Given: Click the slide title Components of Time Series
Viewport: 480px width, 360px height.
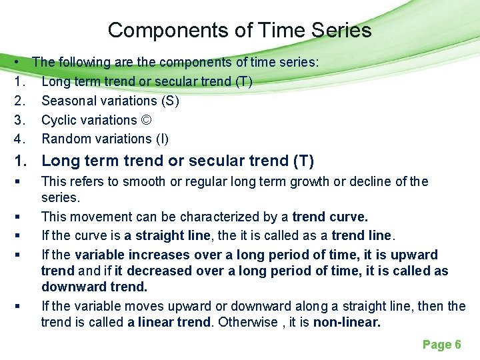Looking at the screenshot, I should point(239,30).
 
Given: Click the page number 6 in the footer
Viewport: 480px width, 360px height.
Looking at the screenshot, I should point(457,345).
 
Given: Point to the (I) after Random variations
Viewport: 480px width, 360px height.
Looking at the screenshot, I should point(161,139).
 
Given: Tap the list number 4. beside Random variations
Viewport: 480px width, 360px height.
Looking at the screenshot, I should point(19,139).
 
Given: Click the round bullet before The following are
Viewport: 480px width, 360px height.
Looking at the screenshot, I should point(15,62).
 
